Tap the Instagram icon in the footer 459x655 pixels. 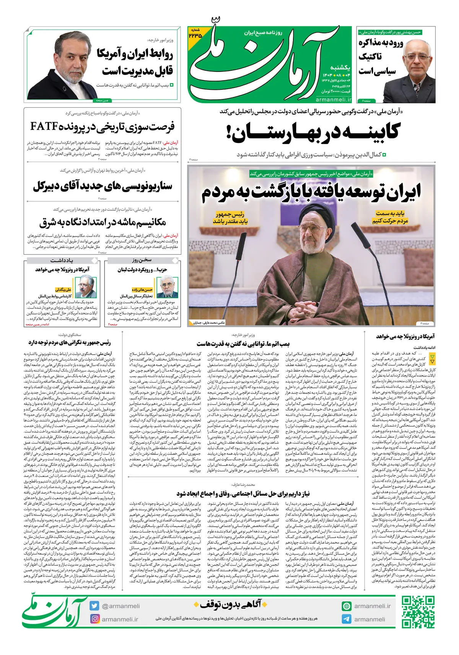[x=95, y=619]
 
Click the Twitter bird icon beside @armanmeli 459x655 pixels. [x=95, y=606]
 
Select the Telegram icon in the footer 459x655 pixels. [x=347, y=619]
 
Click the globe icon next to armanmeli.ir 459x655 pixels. [x=347, y=606]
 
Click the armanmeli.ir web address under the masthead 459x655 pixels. [x=334, y=99]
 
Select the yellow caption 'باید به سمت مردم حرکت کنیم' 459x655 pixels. [x=390, y=217]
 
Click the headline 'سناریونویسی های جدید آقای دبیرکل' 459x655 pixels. [x=103, y=186]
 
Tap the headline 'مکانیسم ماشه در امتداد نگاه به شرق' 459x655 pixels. [x=103, y=222]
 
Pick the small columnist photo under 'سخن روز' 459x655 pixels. [x=168, y=287]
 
